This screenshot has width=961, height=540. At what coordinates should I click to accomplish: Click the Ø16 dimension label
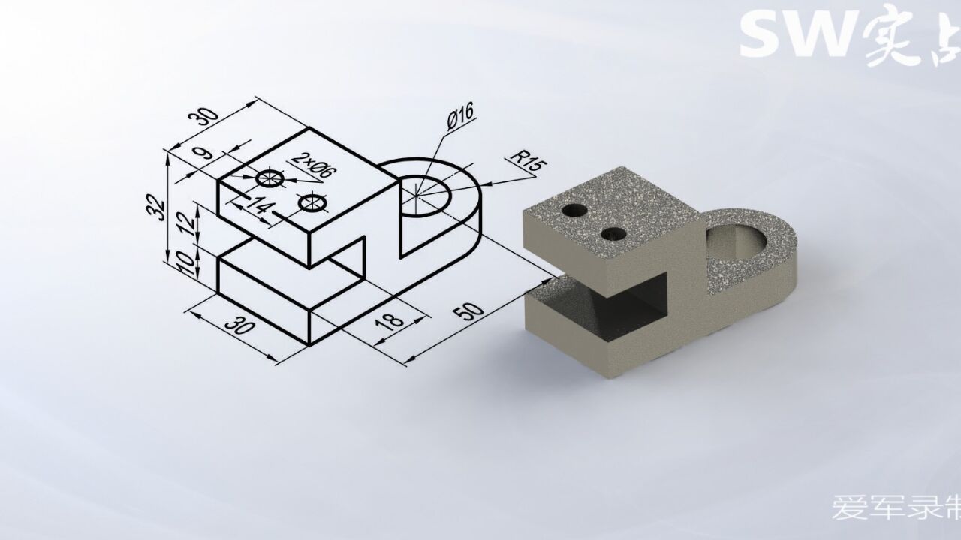coord(459,118)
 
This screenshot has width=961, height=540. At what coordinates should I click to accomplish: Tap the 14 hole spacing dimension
coord(257,206)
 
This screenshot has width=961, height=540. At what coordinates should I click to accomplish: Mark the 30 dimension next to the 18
coord(239,326)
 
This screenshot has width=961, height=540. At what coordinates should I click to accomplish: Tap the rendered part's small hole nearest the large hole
coord(614,233)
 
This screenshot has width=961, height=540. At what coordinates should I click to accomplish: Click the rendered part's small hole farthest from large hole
coord(576,210)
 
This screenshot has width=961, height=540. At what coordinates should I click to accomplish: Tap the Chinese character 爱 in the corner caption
coord(845,508)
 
